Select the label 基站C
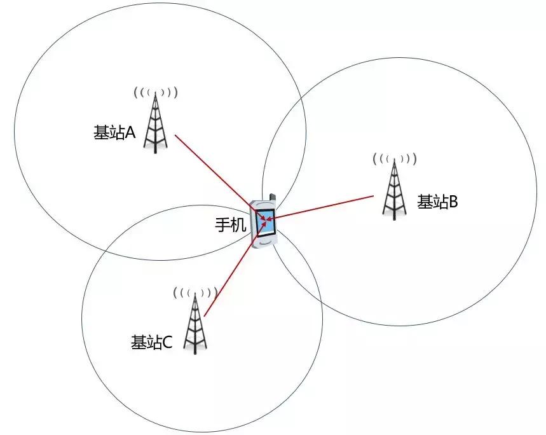[151, 342]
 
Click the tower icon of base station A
[155, 123]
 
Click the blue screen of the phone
[265, 222]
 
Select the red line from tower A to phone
[213, 169]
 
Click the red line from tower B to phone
[324, 207]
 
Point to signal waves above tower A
[155, 93]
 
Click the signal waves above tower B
[394, 158]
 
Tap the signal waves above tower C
[195, 293]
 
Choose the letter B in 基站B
[454, 202]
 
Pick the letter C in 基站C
[167, 342]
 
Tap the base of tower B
[394, 214]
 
